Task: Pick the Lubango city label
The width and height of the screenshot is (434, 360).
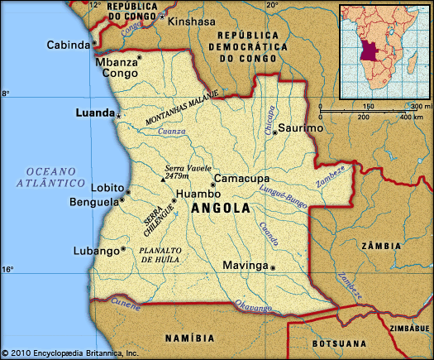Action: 98,249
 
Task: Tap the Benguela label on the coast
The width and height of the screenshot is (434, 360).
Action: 97,201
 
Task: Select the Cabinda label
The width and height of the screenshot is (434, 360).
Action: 68,45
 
